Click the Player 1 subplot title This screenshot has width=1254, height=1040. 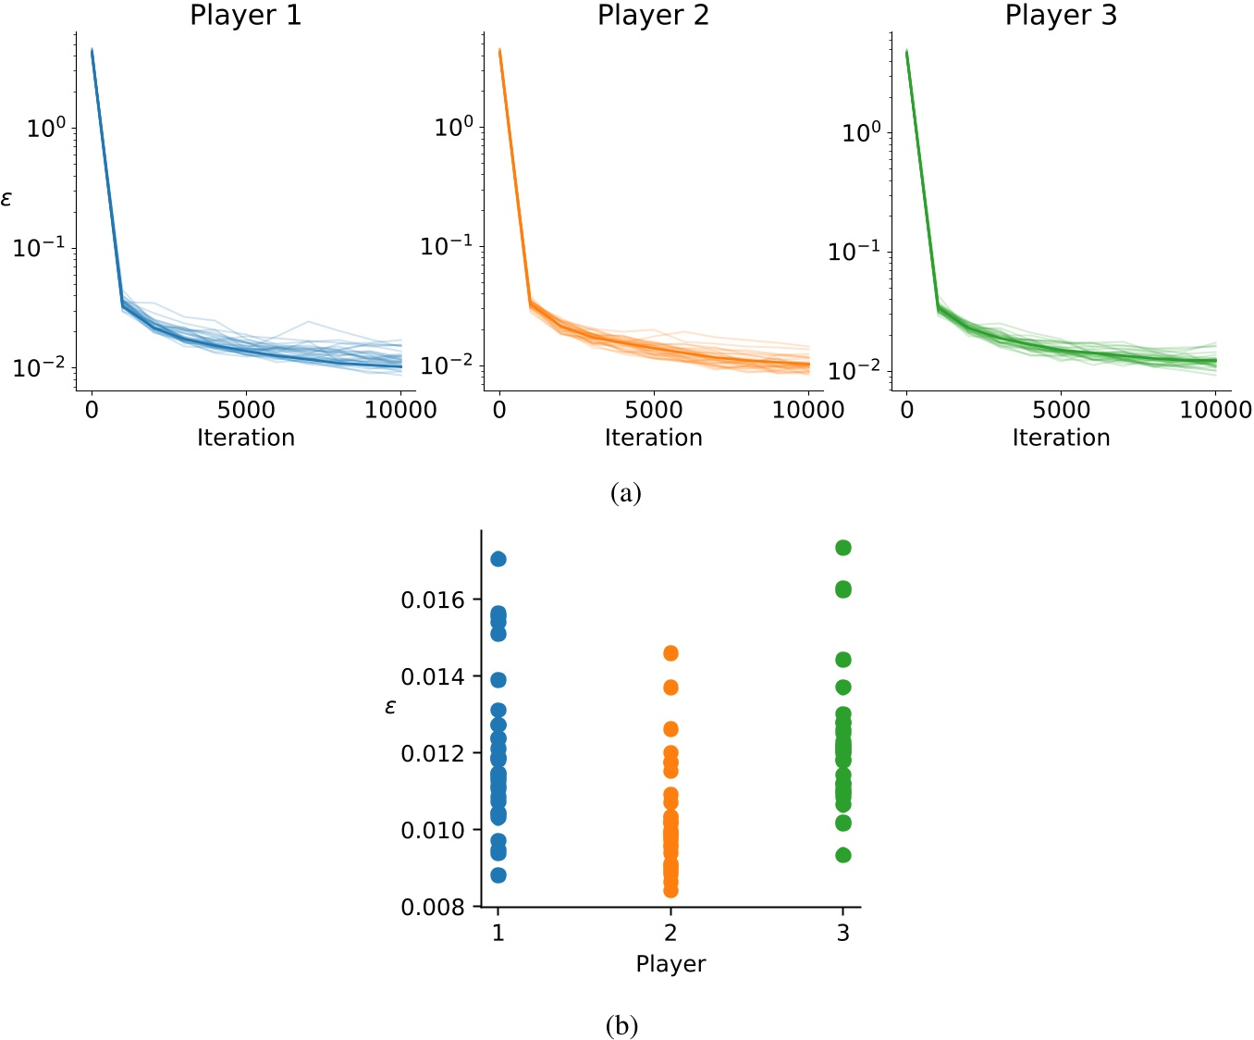pyautogui.click(x=245, y=16)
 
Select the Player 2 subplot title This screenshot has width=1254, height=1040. pyautogui.click(x=653, y=16)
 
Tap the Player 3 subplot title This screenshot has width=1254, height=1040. pyautogui.click(x=1061, y=16)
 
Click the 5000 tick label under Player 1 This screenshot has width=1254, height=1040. pyautogui.click(x=245, y=410)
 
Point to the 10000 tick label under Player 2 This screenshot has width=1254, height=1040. pyautogui.click(x=807, y=410)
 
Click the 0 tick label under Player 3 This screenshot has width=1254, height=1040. pyautogui.click(x=907, y=410)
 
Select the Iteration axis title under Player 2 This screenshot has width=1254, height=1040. pyautogui.click(x=653, y=438)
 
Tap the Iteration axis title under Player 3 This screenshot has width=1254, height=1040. pyautogui.click(x=1061, y=438)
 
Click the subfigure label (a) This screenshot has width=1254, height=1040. pyautogui.click(x=625, y=493)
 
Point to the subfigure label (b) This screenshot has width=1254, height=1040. pyautogui.click(x=621, y=1025)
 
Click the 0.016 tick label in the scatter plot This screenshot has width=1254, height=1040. pyautogui.click(x=433, y=600)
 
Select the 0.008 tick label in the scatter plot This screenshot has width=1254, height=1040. pyautogui.click(x=433, y=908)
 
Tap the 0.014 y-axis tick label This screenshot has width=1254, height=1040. pyautogui.click(x=433, y=677)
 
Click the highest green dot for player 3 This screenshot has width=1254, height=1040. pyautogui.click(x=843, y=548)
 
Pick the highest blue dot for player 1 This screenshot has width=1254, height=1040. pyautogui.click(x=498, y=559)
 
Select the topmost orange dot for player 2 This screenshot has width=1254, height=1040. pyautogui.click(x=670, y=654)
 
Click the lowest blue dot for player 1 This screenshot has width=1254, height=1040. pyautogui.click(x=498, y=875)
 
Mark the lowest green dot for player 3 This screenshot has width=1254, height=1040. pyautogui.click(x=843, y=855)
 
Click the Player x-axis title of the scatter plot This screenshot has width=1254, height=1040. pyautogui.click(x=670, y=964)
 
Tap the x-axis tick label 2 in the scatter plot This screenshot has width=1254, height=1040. pyautogui.click(x=670, y=933)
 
